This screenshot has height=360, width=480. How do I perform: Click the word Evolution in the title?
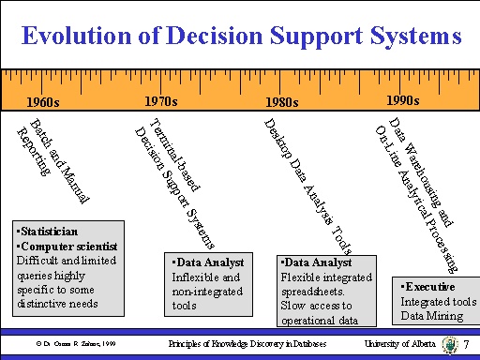click(74, 37)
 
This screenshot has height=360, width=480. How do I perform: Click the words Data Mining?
click(430, 315)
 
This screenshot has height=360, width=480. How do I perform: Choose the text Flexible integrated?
click(319, 277)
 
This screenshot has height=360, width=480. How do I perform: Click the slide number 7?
click(465, 346)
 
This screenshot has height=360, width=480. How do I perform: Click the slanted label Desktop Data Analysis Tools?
click(309, 187)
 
